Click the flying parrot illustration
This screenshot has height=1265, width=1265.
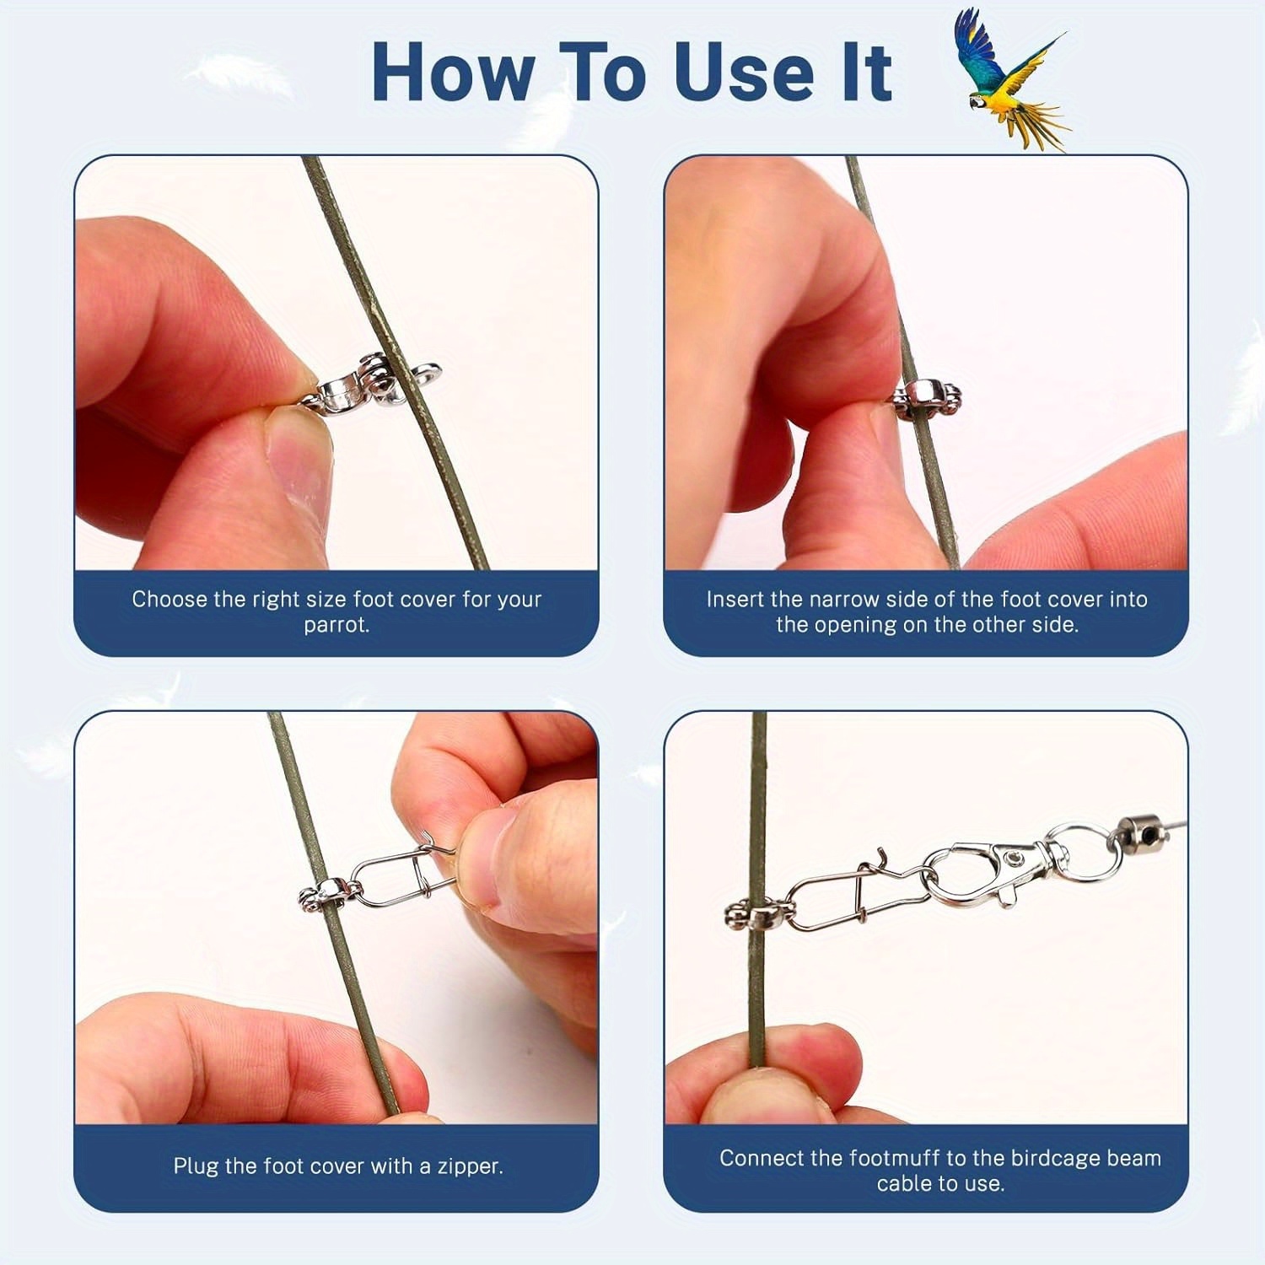tap(1009, 80)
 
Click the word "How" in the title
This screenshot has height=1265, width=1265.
tap(453, 73)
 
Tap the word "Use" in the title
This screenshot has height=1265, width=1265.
tap(743, 73)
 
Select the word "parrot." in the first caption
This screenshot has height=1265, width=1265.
tap(336, 625)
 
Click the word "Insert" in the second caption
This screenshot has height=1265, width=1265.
tap(735, 599)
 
